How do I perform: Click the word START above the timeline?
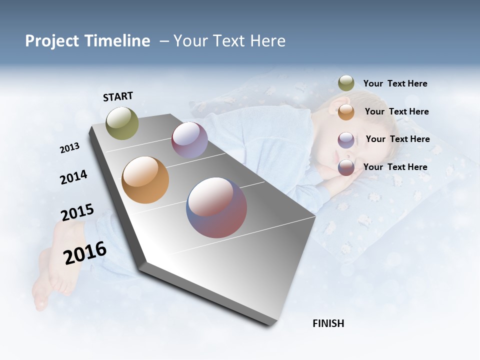pyautogui.click(x=118, y=96)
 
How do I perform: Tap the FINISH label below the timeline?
pyautogui.click(x=328, y=323)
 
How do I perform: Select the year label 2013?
pyautogui.click(x=69, y=148)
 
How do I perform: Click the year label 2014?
pyautogui.click(x=73, y=177)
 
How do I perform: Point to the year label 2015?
pyautogui.click(x=77, y=212)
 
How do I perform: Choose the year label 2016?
pyautogui.click(x=85, y=253)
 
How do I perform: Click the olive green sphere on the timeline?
pyautogui.click(x=122, y=123)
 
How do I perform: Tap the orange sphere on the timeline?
pyautogui.click(x=145, y=180)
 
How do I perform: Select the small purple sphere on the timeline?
pyautogui.click(x=189, y=140)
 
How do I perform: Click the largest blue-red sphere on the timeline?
pyautogui.click(x=216, y=207)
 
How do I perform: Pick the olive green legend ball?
pyautogui.click(x=346, y=83)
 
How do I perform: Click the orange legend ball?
pyautogui.click(x=346, y=112)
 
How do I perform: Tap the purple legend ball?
pyautogui.click(x=346, y=140)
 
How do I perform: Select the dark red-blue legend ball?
pyautogui.click(x=346, y=167)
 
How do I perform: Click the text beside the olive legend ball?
pyautogui.click(x=395, y=83)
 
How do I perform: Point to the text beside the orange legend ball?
pyautogui.click(x=396, y=111)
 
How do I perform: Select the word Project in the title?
pyautogui.click(x=52, y=41)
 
